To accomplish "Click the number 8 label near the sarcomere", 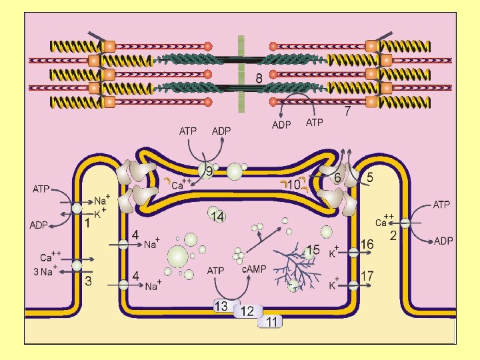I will pos(259,79).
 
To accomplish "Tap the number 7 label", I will pos(347,112).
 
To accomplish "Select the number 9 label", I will pos(209,172).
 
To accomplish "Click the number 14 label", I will pos(217,216).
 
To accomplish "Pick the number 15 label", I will pos(313,251).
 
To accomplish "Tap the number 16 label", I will pos(367,245).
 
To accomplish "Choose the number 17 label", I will pos(367,275).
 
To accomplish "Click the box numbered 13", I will pos(221,306).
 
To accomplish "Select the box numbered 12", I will pos(247,311).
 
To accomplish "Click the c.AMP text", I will pos(254,269).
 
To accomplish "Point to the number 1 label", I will pos(87,224).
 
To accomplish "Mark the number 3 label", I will pos(87,281).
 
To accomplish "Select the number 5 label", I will pos(369,178).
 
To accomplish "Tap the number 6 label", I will pos(338,178).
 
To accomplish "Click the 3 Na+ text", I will pos(45,271).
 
